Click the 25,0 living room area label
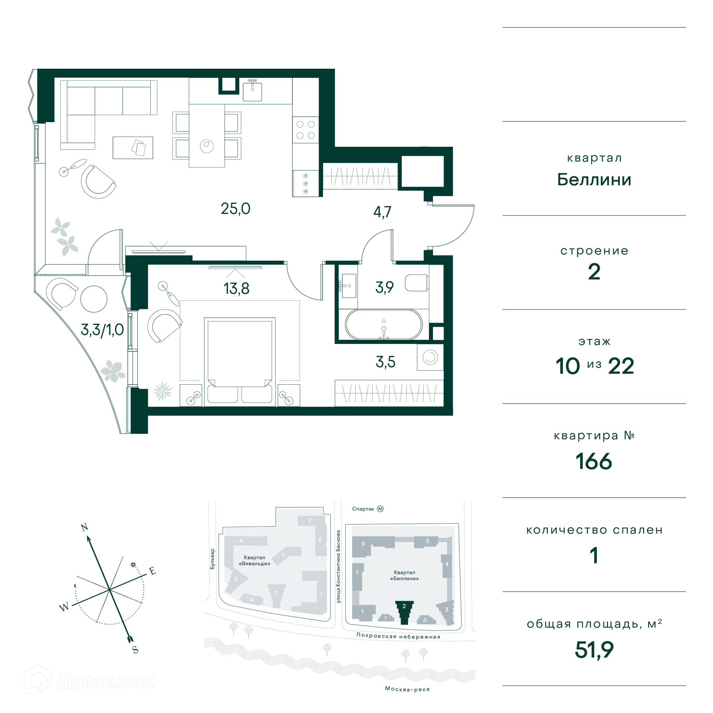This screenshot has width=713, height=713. coord(235,209)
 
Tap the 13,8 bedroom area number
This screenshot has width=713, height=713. coord(236,289)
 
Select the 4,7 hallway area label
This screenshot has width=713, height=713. coord(382,212)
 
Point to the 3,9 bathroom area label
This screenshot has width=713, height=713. coord(384,287)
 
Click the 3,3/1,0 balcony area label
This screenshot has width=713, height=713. coord(102,330)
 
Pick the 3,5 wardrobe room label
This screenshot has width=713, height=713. coord(385,362)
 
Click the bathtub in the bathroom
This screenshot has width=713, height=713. coord(384,325)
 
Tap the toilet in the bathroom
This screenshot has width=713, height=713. coord(417,283)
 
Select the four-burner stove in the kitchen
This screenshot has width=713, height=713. coord(305,130)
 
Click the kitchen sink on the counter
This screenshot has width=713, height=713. coord(253,91)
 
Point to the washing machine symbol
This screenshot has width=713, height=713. coord(430,357)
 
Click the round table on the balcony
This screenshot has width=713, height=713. coord(94,299)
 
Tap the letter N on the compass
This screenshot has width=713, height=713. coord(85,527)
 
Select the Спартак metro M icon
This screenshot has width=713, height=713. coord(380,509)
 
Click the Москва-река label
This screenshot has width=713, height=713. coord(407,689)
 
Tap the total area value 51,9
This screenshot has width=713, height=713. coord(594,650)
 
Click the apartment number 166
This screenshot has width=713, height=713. coord(594,462)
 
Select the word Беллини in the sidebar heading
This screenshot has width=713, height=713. coord(594,180)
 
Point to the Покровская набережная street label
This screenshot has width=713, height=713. coord(398,636)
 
